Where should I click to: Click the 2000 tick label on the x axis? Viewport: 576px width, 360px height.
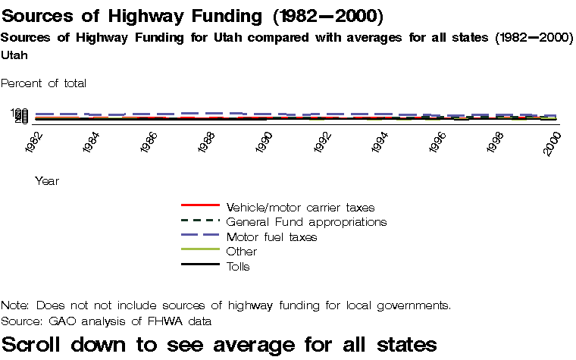click(553, 142)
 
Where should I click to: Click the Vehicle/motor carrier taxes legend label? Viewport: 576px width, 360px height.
click(300, 206)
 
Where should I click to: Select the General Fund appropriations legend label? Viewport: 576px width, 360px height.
click(306, 221)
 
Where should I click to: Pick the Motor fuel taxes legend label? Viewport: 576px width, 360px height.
click(271, 236)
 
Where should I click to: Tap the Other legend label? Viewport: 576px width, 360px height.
click(242, 251)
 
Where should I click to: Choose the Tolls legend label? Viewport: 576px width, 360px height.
click(238, 266)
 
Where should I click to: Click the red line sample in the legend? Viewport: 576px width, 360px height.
click(200, 205)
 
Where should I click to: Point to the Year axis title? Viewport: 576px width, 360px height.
click(47, 181)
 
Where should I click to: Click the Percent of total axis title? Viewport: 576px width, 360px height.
click(44, 83)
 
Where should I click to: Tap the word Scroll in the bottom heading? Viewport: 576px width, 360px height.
click(36, 344)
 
